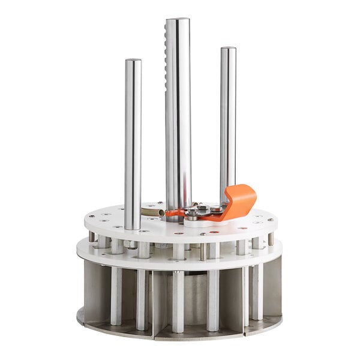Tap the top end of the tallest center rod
[x=178, y=22]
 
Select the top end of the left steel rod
[x=133, y=61]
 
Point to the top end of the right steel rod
[x=228, y=49]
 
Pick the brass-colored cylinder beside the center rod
[x=152, y=212]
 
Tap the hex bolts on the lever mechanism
[x=201, y=209]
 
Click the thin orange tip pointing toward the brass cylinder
[x=172, y=213]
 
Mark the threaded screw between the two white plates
[x=203, y=251]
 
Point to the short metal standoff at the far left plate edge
[x=92, y=236]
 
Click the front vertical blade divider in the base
[x=152, y=303]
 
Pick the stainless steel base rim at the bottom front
[x=180, y=336]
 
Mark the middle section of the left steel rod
[x=133, y=144]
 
